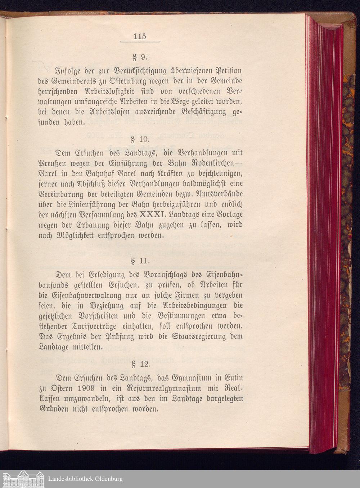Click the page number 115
pos(139,36)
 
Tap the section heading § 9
pos(139,57)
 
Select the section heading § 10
pos(139,139)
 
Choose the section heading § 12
pos(140,364)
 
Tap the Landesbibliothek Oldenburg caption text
pos(85,479)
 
